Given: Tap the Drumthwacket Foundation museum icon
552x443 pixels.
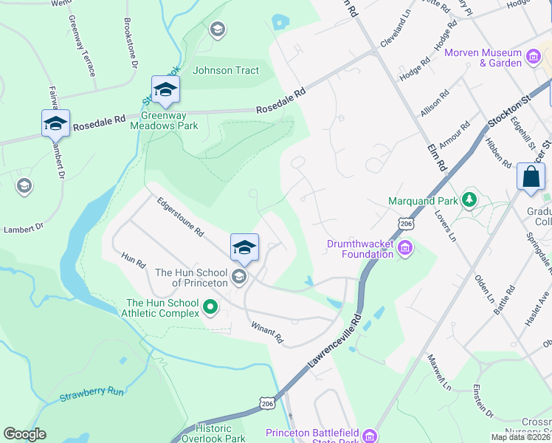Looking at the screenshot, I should point(405,249).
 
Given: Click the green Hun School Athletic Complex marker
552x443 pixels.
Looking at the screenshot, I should point(210,306).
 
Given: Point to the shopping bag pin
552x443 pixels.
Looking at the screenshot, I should point(531,178).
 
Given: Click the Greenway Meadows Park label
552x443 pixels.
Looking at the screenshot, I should point(164,120).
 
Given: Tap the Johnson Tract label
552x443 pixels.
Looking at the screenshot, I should point(226,71).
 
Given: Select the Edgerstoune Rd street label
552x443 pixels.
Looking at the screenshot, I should point(179,216).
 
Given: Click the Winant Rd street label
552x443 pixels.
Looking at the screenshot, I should point(267,333).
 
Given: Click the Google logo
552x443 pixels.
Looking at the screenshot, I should point(24,434).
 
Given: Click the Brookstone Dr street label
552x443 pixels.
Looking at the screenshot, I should point(131,44).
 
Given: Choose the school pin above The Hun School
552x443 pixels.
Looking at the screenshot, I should point(244,249).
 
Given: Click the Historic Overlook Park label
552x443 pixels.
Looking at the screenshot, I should point(213,433).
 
